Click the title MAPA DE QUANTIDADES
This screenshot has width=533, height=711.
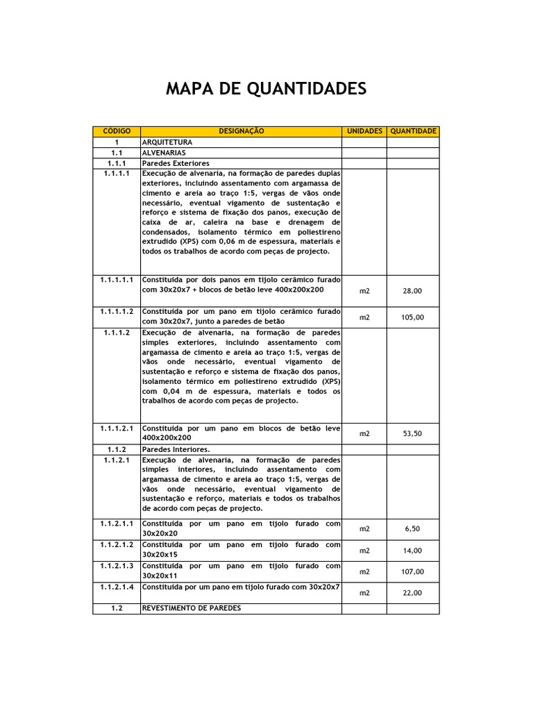(x=266, y=90)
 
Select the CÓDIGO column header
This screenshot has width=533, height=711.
(x=117, y=131)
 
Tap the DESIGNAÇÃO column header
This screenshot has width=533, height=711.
(x=241, y=131)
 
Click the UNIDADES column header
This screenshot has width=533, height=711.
(x=364, y=131)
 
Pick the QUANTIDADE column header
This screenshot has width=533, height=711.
(x=413, y=131)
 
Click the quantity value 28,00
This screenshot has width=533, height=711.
(x=412, y=292)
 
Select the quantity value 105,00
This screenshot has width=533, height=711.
(x=412, y=317)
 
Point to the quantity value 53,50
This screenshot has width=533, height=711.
(x=412, y=433)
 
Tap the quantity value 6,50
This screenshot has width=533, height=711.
(x=412, y=529)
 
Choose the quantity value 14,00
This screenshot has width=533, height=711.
(x=412, y=551)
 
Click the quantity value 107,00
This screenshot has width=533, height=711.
(x=412, y=571)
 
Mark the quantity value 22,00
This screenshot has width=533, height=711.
(x=412, y=592)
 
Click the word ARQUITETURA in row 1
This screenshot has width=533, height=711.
(x=167, y=142)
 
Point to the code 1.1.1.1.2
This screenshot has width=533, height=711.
(x=117, y=312)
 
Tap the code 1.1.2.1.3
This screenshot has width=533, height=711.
(x=117, y=566)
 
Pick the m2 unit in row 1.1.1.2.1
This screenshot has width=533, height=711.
(x=364, y=433)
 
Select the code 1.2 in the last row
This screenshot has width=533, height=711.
(x=117, y=608)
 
